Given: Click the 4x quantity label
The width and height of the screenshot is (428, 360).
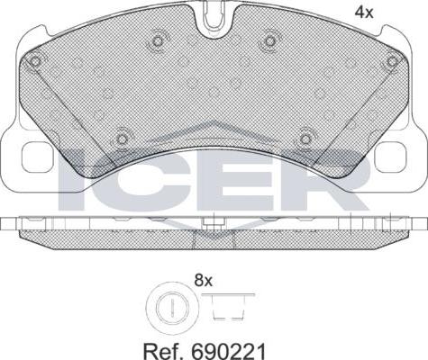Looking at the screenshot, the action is (364, 13).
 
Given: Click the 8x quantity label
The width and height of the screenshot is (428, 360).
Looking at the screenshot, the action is (204, 281).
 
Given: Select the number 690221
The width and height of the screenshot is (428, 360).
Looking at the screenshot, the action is (228, 351).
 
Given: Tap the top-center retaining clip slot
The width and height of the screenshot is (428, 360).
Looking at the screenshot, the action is (214, 15).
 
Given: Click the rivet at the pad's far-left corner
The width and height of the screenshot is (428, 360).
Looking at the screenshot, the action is (35, 62).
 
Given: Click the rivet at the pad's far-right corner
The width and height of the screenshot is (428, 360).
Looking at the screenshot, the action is (392, 61).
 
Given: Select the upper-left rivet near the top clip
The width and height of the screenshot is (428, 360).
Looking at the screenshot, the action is (157, 40).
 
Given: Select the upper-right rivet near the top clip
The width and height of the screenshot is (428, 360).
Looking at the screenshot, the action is (270, 40).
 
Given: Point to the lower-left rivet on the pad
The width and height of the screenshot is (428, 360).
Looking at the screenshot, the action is (122, 139).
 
